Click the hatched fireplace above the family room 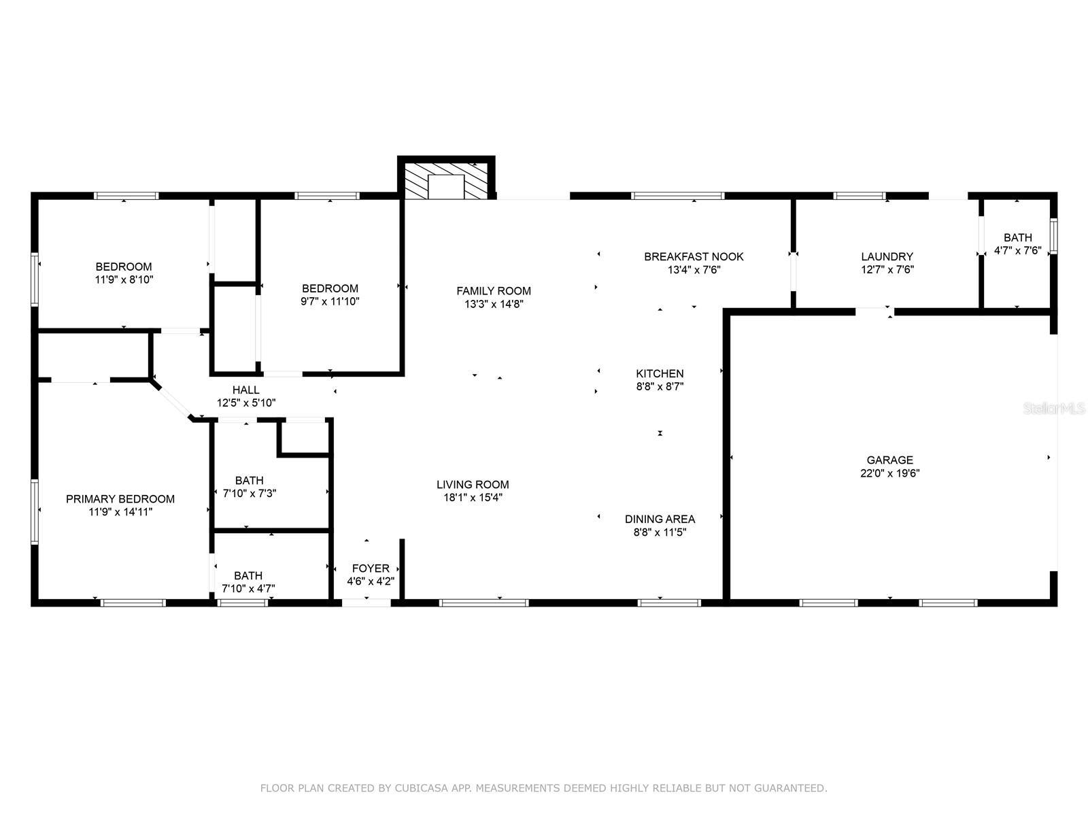pyautogui.click(x=446, y=180)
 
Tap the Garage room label pyautogui.click(x=889, y=460)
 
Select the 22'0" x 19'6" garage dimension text pyautogui.click(x=889, y=473)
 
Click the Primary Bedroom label pyautogui.click(x=120, y=499)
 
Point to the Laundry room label pyautogui.click(x=887, y=256)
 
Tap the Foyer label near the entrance pyautogui.click(x=371, y=568)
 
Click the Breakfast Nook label pyautogui.click(x=694, y=256)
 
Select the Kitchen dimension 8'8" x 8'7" pyautogui.click(x=660, y=386)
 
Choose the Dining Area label pyautogui.click(x=660, y=519)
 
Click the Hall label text pyautogui.click(x=245, y=390)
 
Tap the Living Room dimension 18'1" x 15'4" pyautogui.click(x=473, y=498)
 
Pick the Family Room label pyautogui.click(x=494, y=291)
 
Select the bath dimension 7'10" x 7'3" pyautogui.click(x=250, y=493)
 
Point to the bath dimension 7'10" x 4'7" pyautogui.click(x=248, y=588)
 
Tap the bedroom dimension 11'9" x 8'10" pyautogui.click(x=124, y=279)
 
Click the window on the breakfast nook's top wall pyautogui.click(x=677, y=196)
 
